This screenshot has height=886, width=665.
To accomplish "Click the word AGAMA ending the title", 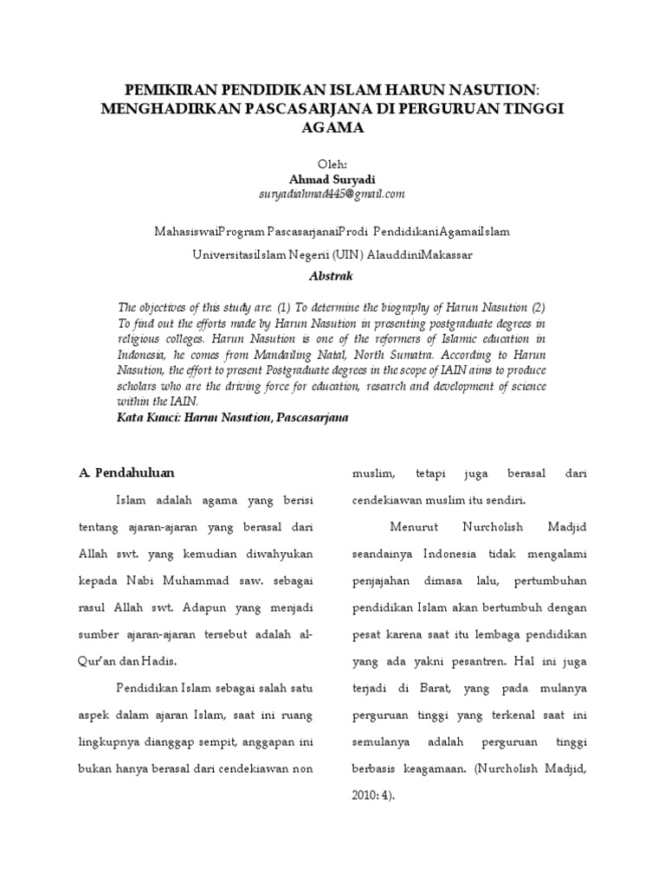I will (x=332, y=127).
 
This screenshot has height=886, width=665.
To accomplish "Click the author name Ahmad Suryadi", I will (x=332, y=179).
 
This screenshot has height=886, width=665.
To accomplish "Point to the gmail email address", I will (x=332, y=194).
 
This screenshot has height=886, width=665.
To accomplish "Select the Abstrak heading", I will (x=332, y=276).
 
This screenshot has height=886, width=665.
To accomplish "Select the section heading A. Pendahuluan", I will (x=126, y=472).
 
